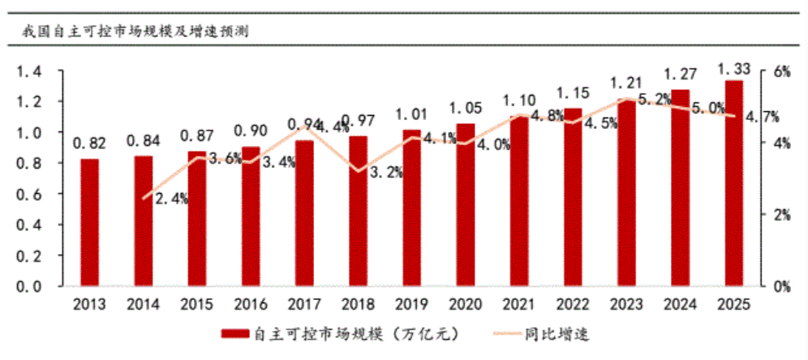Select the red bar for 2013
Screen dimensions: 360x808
(x=89, y=223)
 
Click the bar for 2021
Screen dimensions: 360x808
(x=518, y=201)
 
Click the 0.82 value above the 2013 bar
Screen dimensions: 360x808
(x=89, y=144)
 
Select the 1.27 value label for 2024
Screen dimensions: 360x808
(x=681, y=75)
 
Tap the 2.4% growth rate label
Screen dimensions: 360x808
(x=170, y=199)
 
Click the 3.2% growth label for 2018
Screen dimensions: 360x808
(x=384, y=172)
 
